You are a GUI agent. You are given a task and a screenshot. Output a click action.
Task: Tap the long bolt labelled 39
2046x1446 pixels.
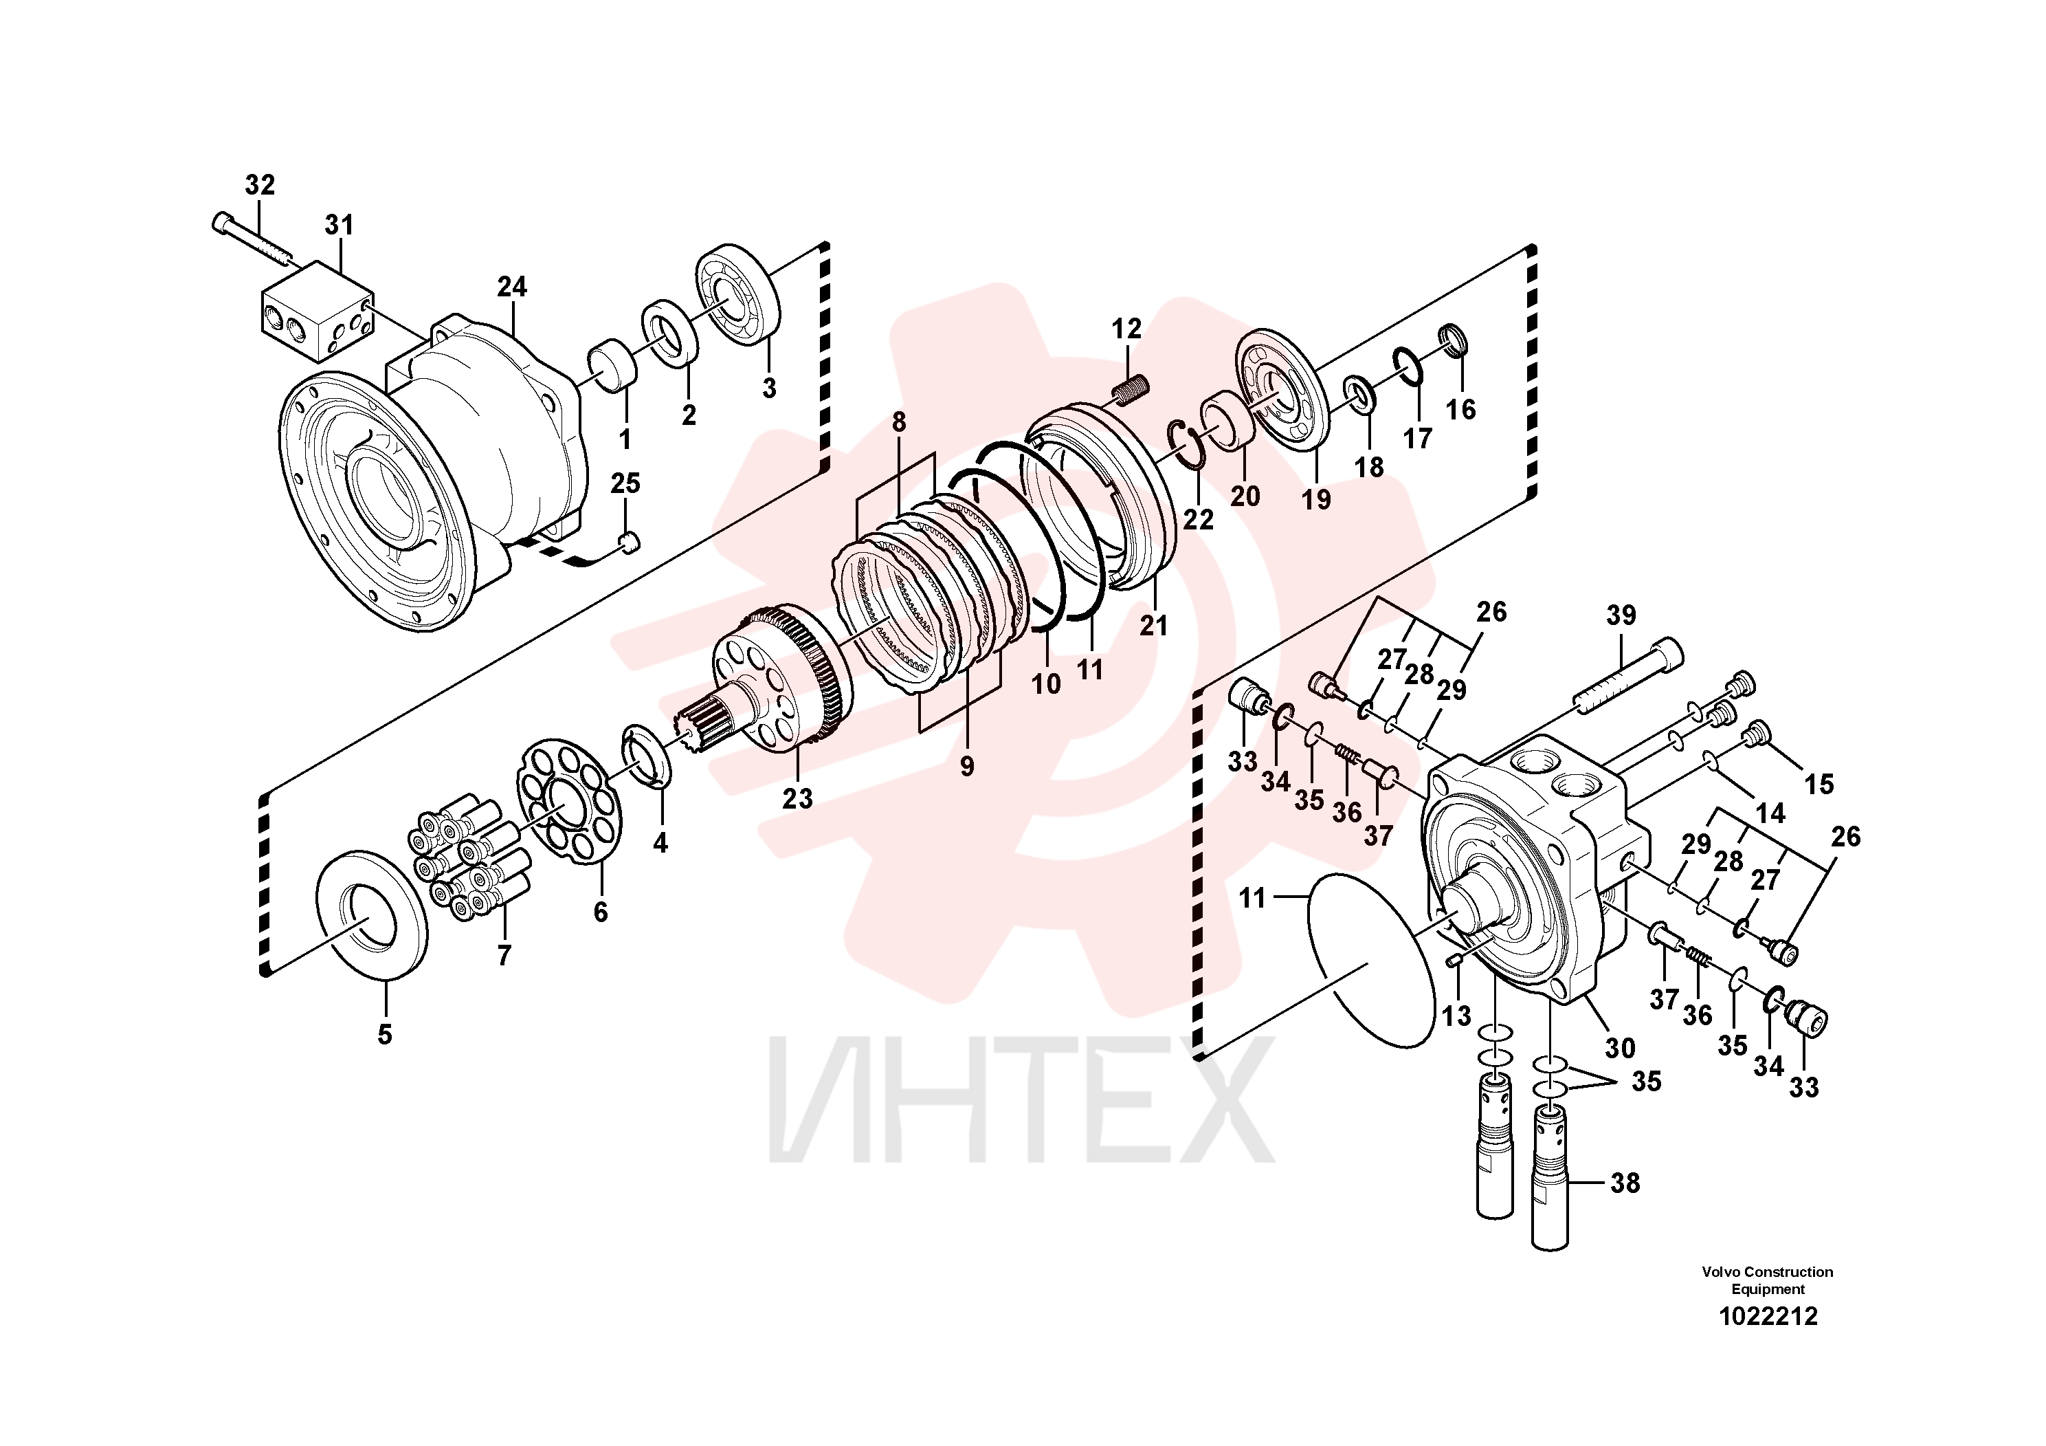[1627, 676]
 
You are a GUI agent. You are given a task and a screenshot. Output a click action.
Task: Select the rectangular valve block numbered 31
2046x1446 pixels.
[318, 311]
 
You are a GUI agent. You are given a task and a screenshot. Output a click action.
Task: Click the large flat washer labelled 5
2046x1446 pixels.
[372, 914]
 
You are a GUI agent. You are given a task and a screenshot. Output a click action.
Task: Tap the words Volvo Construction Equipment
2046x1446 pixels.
[1767, 1280]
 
